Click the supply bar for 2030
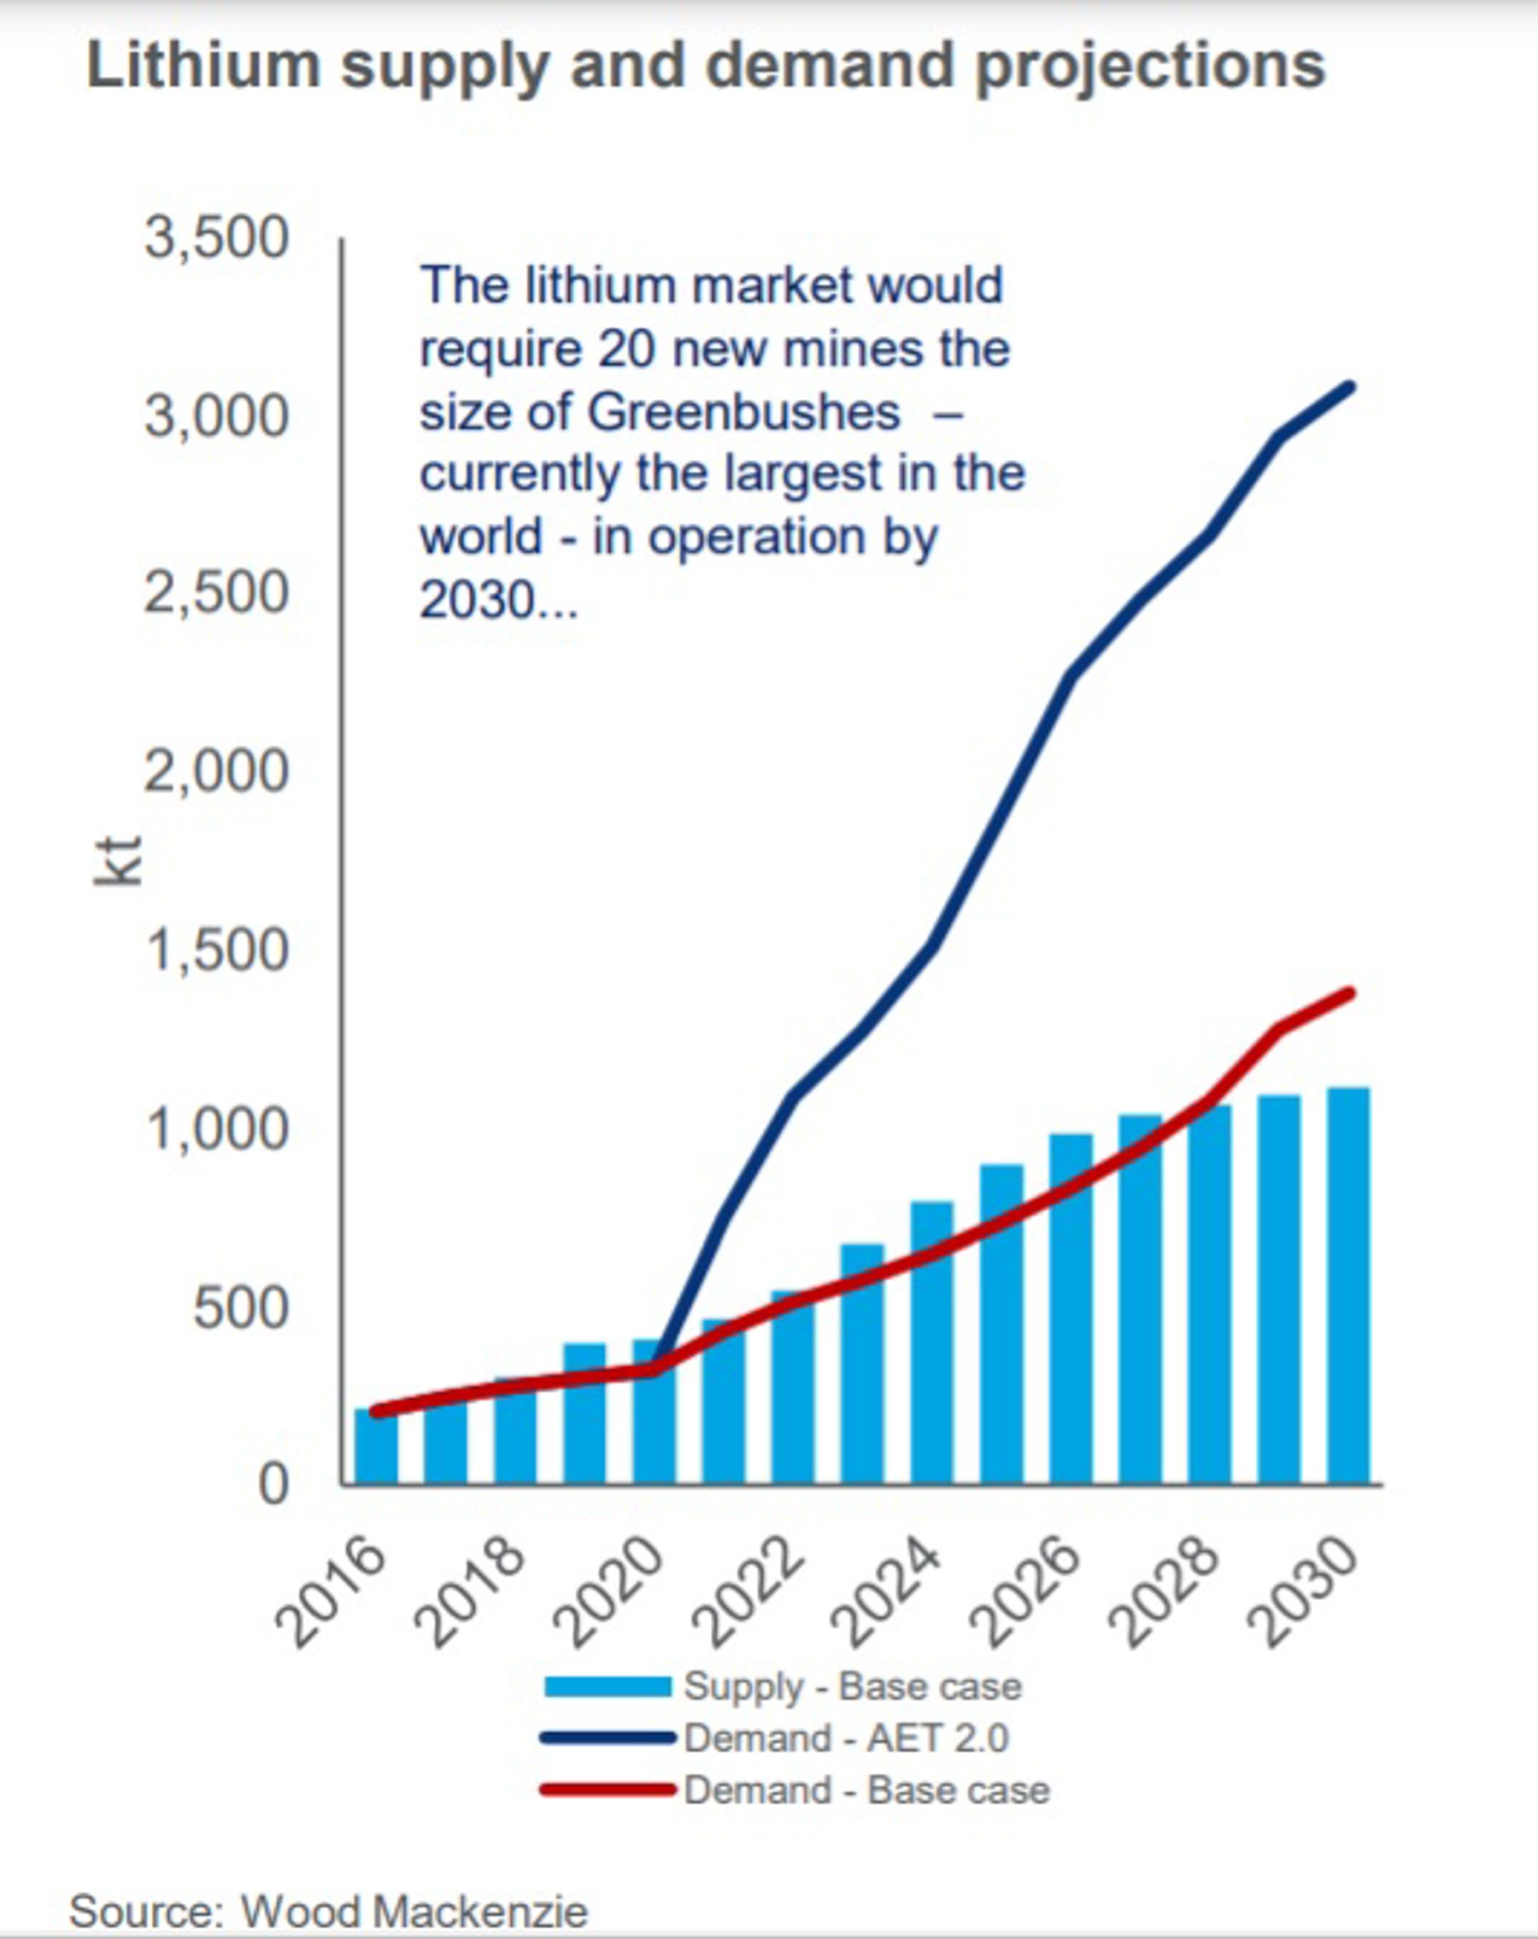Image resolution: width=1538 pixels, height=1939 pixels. point(1348,1285)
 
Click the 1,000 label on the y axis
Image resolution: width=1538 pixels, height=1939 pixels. point(217,1129)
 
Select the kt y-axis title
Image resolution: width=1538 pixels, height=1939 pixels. point(119,861)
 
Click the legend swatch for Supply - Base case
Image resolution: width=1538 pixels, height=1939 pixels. point(608,1687)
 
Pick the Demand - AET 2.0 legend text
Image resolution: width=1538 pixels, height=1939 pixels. point(845,1738)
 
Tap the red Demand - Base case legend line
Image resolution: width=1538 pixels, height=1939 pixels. point(608,1789)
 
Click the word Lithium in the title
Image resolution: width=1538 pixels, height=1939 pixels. point(203,67)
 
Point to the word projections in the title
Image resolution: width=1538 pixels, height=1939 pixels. point(1150,68)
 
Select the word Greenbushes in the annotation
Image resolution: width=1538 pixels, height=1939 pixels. point(744,413)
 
